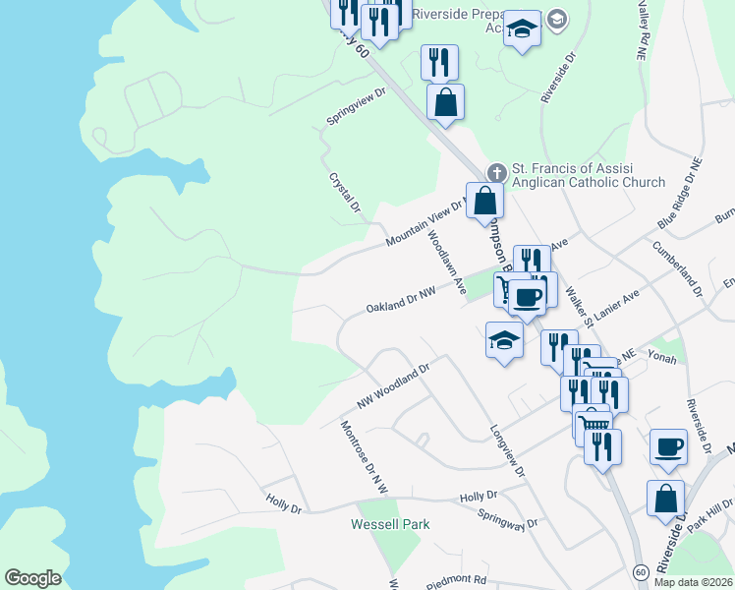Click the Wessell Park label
point(390,524)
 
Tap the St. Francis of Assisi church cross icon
point(497,173)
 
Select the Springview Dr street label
point(358,108)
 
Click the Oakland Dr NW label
point(400,301)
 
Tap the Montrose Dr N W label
point(365,457)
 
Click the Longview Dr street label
point(507,451)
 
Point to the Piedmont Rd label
point(457,581)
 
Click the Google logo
point(32,578)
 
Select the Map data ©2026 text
point(692,582)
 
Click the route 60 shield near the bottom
point(640,571)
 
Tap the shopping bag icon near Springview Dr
point(445,101)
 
